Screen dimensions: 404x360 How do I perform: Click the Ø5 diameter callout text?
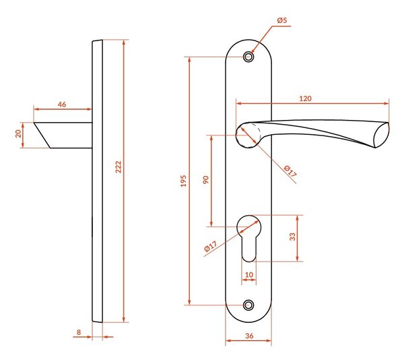(x=282, y=20)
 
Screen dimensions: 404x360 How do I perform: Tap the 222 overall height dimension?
(x=118, y=167)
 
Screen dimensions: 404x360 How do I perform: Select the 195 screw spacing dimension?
(x=183, y=181)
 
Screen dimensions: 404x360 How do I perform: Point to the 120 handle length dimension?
(x=305, y=98)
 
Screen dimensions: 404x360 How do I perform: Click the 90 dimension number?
(x=205, y=180)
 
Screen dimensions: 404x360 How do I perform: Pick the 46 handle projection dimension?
(x=62, y=104)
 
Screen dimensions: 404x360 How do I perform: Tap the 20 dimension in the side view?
(x=18, y=133)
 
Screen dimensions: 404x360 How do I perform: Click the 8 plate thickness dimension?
(x=79, y=332)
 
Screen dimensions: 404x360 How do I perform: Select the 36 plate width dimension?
(x=249, y=336)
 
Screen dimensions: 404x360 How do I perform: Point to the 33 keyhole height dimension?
(x=292, y=237)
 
